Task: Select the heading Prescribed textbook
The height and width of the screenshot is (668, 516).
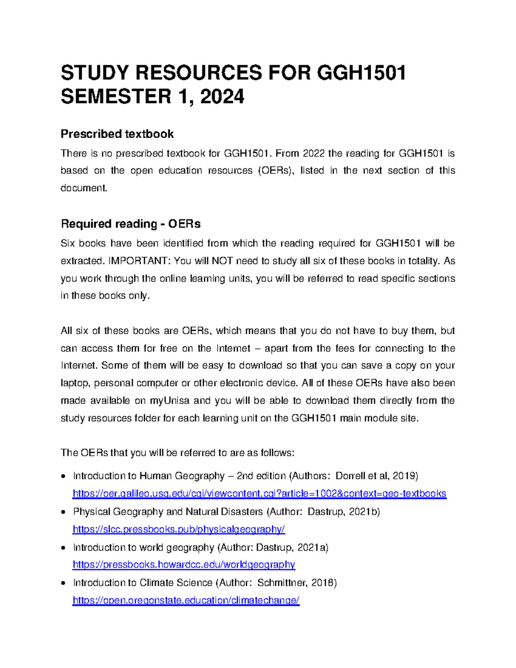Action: [x=117, y=134]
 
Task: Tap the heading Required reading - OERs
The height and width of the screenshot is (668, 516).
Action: [x=131, y=224]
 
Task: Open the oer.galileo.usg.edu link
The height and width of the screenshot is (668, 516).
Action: [x=259, y=493]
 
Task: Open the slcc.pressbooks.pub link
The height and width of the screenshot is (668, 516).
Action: [x=179, y=529]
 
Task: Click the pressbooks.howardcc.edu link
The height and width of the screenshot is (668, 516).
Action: [x=184, y=564]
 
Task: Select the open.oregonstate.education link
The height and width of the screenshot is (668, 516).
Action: [x=186, y=600]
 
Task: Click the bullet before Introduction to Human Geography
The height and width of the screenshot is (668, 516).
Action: [x=63, y=476]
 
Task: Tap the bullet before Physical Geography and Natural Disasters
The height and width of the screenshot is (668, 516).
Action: [x=63, y=512]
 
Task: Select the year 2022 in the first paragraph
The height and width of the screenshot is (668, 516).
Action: [x=314, y=153]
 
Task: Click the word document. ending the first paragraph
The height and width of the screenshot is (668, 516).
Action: [x=84, y=188]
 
